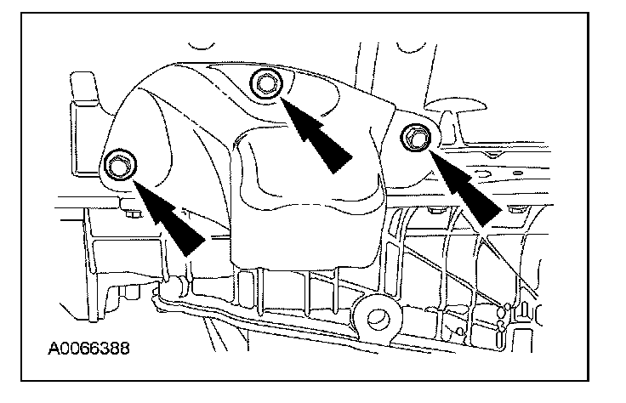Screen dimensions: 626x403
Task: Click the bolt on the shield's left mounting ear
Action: tap(117, 165)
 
